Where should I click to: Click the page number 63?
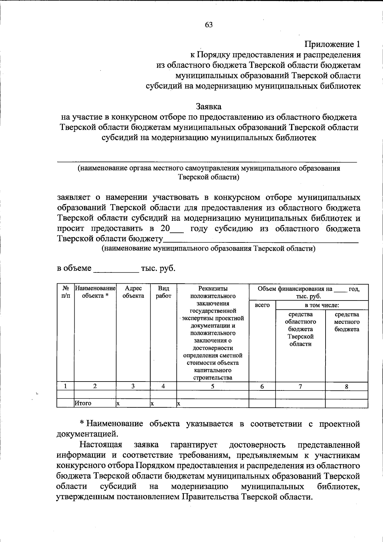tap(209, 25)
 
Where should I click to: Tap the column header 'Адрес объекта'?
tap(133, 292)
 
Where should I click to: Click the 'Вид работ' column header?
tap(163, 292)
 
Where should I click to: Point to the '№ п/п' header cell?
tap(65, 292)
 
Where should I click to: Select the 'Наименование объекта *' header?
tap(95, 292)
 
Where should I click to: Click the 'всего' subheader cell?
tap(262, 305)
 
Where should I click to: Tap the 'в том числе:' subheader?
tap(321, 305)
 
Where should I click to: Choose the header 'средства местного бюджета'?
tap(347, 322)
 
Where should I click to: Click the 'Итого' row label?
tap(83, 404)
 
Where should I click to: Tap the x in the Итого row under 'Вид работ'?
tap(153, 404)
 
